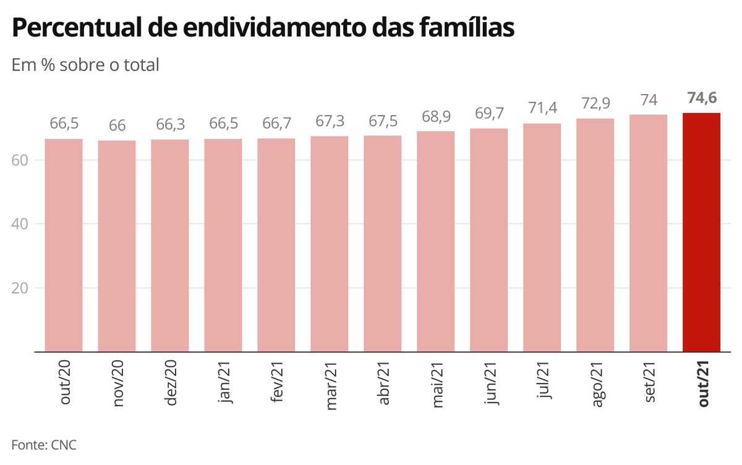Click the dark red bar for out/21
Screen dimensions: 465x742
[701, 232]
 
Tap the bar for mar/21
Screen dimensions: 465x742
[330, 244]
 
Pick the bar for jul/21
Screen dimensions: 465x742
[542, 237]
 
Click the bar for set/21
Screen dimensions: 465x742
[648, 233]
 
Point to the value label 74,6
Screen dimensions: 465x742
[701, 98]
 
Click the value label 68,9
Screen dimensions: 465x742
[436, 117]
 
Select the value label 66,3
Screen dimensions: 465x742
[170, 126]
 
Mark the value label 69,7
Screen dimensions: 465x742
[488, 114]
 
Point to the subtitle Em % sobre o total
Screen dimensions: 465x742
[85, 64]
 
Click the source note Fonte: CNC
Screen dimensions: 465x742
[44, 445]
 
